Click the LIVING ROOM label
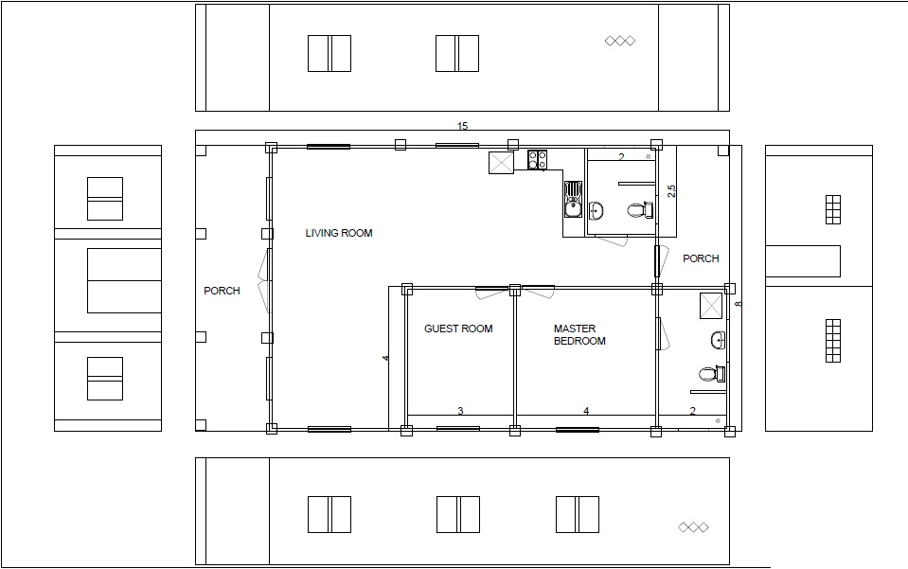[x=339, y=233]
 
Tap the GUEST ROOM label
[x=458, y=329]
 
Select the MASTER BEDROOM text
[x=579, y=334]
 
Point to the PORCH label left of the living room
[x=222, y=291]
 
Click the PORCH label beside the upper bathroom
[x=701, y=258]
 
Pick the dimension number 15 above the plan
[x=462, y=126]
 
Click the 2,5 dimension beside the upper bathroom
[x=671, y=191]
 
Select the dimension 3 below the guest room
[x=460, y=411]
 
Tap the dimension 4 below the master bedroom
[x=586, y=411]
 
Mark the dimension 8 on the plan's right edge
[x=739, y=304]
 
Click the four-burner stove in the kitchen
[x=538, y=160]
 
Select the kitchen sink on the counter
[x=573, y=199]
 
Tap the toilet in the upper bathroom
[x=641, y=209]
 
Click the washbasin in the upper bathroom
[x=596, y=211]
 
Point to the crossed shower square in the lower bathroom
[x=711, y=306]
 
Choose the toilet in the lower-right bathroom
[x=712, y=374]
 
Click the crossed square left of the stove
[x=501, y=163]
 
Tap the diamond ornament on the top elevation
[x=620, y=41]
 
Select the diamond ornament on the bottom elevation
[x=693, y=527]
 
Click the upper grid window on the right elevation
[x=832, y=209]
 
